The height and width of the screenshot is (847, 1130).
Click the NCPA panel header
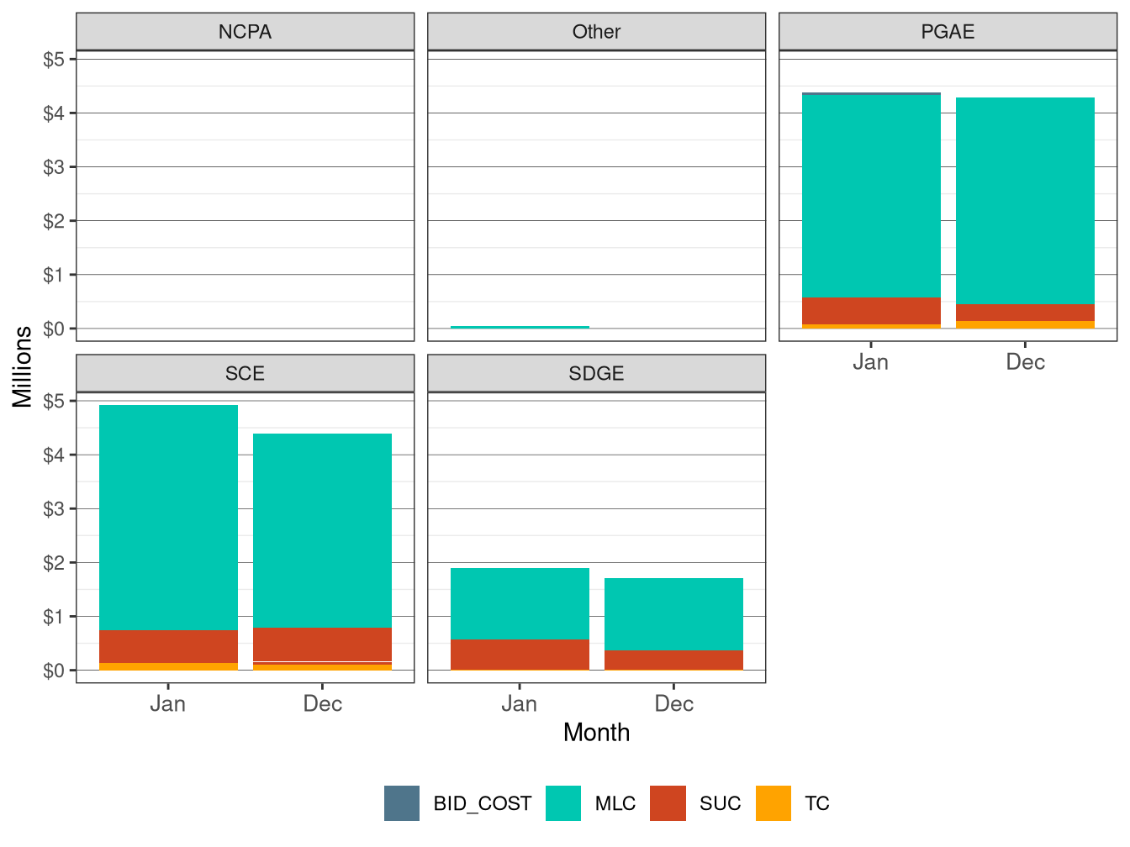pos(245,32)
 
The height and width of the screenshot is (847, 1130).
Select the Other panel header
pos(596,32)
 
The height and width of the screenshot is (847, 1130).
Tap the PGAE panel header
pos(948,32)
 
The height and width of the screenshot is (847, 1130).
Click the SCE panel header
pos(245,374)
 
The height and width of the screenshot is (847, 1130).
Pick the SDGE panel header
pos(596,374)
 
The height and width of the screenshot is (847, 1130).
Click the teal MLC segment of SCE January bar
pos(168,517)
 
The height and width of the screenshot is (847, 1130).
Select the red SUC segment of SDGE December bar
pos(673,660)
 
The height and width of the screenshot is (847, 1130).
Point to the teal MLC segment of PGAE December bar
pos(1025,201)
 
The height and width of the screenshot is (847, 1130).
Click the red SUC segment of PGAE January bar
pos(871,311)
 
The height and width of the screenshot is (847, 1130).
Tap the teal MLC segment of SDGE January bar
pos(520,604)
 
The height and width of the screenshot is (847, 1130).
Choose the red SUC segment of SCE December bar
pos(322,644)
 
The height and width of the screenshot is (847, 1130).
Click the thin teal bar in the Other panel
pos(520,327)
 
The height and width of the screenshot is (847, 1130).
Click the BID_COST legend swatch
pos(402,803)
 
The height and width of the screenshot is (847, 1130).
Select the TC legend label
pos(816,804)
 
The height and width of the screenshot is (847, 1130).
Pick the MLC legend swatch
pos(563,803)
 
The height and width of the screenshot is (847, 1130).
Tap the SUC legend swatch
pos(668,803)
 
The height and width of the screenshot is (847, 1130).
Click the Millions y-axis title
pos(23,366)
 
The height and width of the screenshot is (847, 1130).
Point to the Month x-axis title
pos(596,733)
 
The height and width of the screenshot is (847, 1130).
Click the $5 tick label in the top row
pos(54,60)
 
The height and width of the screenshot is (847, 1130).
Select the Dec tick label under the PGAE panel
pos(1025,362)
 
